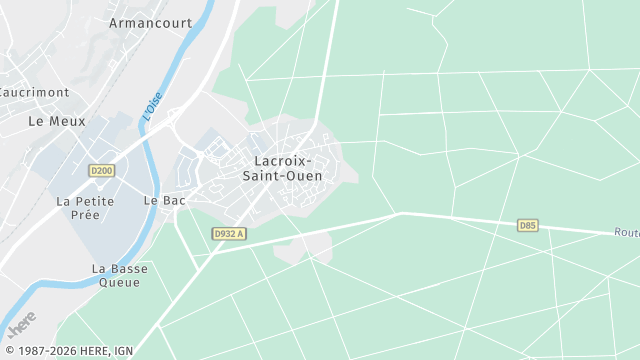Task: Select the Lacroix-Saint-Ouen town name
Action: [282, 168]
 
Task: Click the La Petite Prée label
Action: [85, 207]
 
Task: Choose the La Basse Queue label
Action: [119, 275]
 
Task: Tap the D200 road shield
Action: [101, 171]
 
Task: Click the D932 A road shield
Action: [229, 234]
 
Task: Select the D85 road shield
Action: [528, 226]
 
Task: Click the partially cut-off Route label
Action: [626, 232]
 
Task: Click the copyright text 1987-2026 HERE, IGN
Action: [67, 350]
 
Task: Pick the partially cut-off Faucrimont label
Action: [35, 92]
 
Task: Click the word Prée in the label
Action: [86, 215]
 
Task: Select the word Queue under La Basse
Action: [119, 282]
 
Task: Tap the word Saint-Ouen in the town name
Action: [282, 176]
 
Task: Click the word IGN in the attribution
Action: [123, 350]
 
